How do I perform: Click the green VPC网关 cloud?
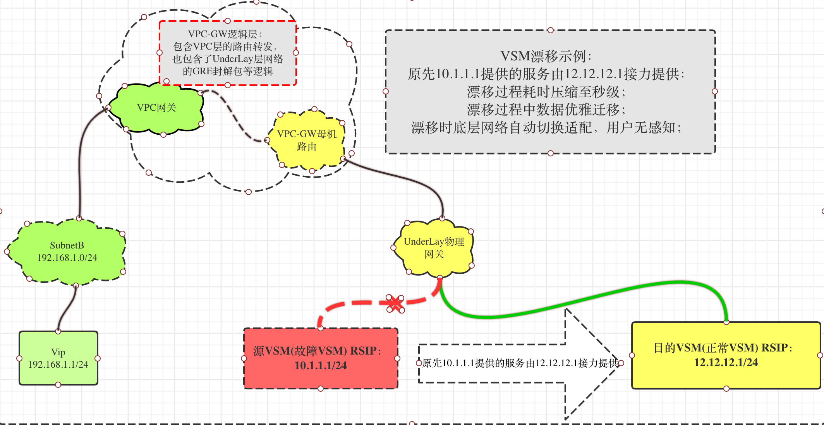[x=156, y=108]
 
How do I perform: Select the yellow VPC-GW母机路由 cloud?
[x=307, y=140]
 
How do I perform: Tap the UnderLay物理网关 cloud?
[x=434, y=248]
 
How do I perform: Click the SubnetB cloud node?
[x=67, y=252]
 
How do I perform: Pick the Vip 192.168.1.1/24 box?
[x=58, y=358]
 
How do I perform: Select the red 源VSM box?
[x=321, y=358]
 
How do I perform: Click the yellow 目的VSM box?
[x=726, y=355]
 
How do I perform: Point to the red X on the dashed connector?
[x=395, y=303]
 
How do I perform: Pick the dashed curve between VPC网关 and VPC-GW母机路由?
[x=232, y=112]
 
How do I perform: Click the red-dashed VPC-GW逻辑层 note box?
[x=228, y=53]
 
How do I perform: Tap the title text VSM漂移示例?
[x=546, y=57]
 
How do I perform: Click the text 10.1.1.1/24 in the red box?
[x=321, y=365]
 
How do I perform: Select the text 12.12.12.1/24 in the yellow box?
[x=726, y=363]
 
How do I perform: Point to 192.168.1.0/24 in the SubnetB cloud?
[x=67, y=258]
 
